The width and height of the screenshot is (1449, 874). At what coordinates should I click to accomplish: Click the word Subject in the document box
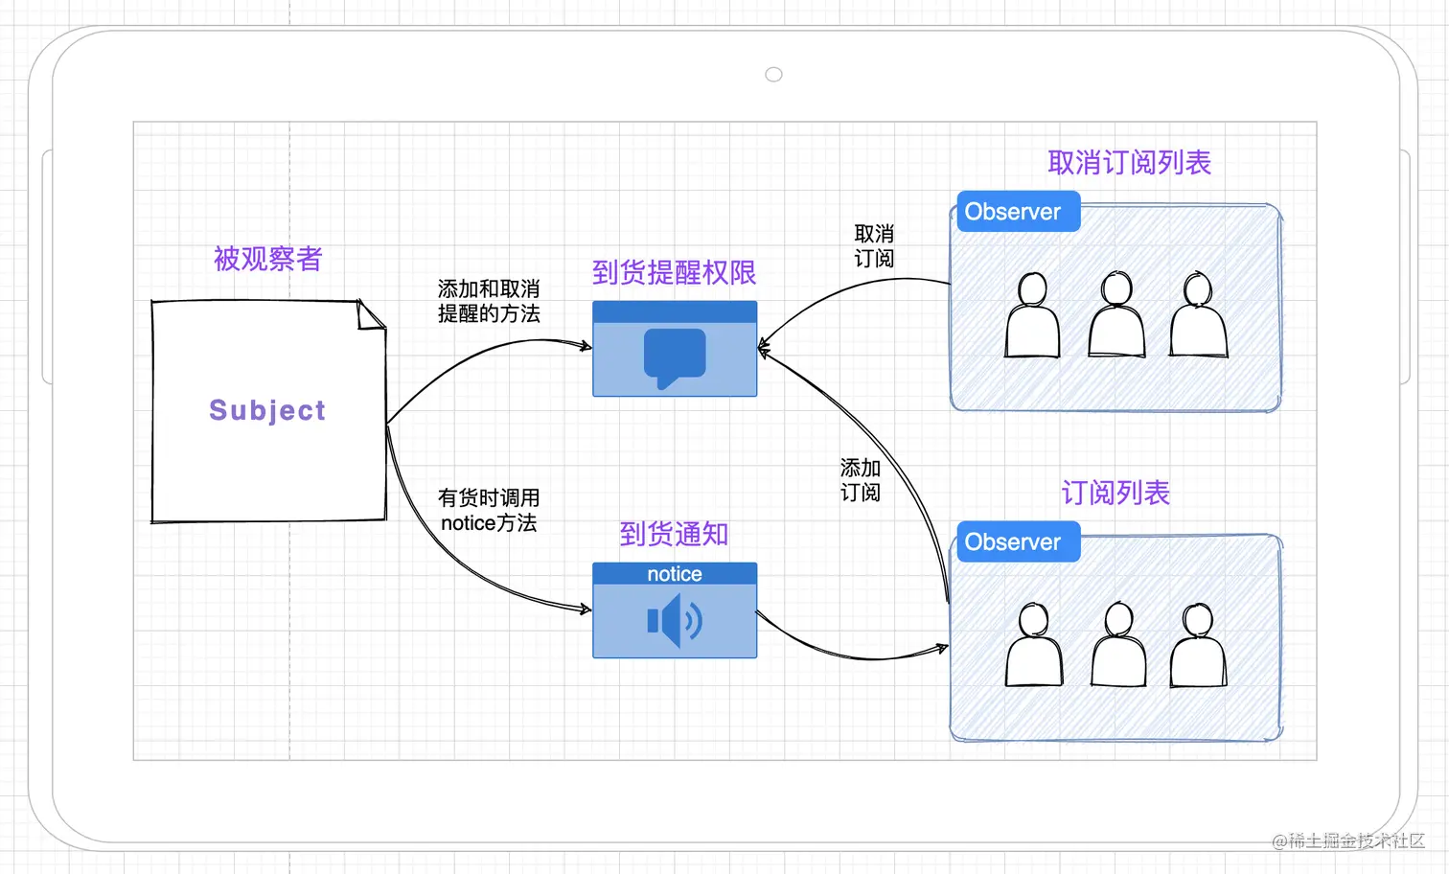pos(267,410)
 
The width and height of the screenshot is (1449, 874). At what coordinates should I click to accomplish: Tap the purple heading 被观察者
pos(268,259)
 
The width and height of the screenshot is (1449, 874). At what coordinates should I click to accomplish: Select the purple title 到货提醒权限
pos(674,273)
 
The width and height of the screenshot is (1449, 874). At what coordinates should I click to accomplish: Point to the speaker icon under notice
pos(675,620)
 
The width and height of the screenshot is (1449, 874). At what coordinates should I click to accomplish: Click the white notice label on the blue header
pos(675,574)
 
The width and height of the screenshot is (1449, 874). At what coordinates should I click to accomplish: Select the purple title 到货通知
pos(674,534)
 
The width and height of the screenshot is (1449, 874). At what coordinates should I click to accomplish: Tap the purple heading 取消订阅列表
pos(1129,163)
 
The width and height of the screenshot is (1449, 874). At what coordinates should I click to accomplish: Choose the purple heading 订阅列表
pos(1115,493)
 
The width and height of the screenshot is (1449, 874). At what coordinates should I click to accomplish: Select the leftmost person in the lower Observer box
pos(1034,645)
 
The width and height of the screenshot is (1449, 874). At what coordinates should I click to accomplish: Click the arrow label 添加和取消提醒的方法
pos(489,302)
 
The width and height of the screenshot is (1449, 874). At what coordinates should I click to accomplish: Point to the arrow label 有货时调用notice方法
pos(489,511)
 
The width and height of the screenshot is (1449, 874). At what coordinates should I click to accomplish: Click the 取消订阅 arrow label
pos(874,246)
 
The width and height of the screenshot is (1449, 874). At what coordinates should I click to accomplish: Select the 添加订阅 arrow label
pos(861,480)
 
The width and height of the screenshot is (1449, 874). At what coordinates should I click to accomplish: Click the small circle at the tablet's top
pos(774,75)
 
